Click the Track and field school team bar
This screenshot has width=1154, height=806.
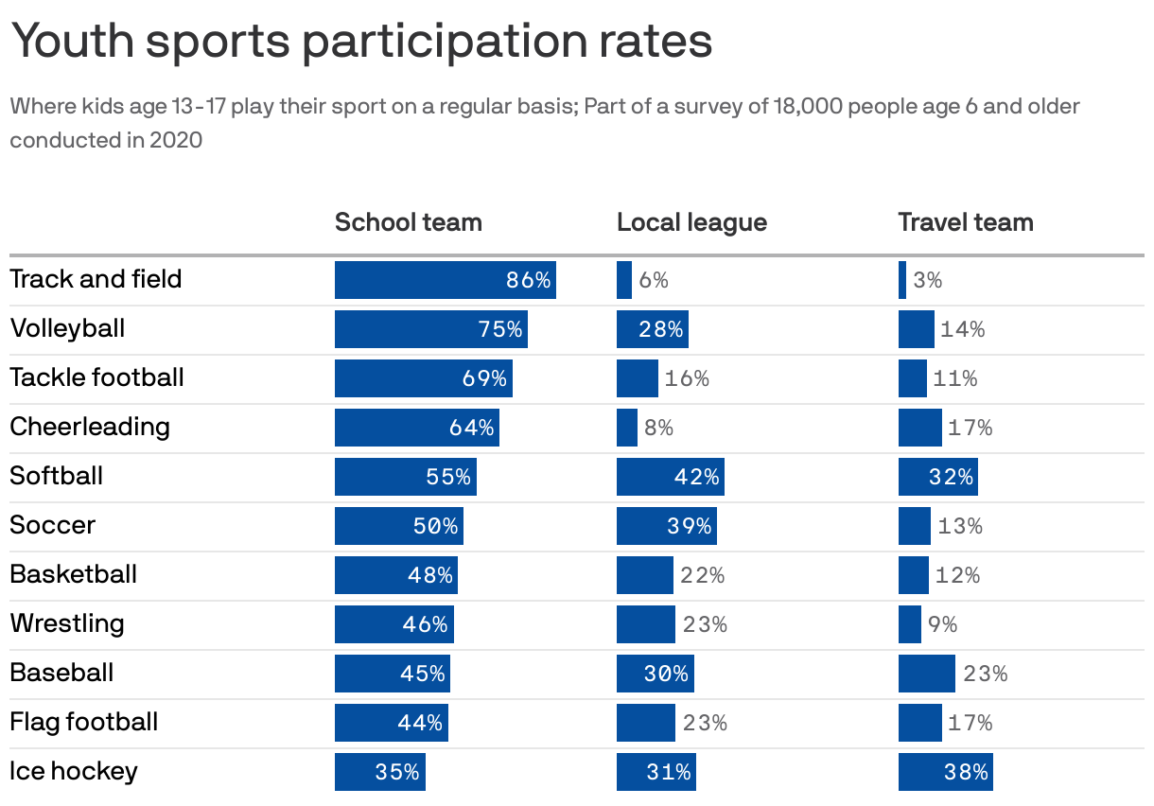(x=445, y=280)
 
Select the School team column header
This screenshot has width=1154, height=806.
(x=408, y=222)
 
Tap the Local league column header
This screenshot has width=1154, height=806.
(x=691, y=222)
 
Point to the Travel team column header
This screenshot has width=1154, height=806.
(x=965, y=222)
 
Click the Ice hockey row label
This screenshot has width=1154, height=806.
(x=74, y=771)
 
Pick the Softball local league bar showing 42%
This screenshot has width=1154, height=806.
(x=670, y=477)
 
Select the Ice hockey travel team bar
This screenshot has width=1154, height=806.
(x=945, y=772)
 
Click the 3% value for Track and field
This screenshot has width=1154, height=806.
(x=927, y=280)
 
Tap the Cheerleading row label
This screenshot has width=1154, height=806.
(x=90, y=427)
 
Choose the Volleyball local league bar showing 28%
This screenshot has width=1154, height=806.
(x=652, y=329)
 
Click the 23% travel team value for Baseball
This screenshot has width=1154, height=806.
(x=985, y=674)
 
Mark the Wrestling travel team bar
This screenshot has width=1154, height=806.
(x=909, y=624)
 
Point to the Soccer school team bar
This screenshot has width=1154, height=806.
(x=398, y=526)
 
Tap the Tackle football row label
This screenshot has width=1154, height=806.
(x=96, y=377)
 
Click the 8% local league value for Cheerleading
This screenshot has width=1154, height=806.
(x=658, y=428)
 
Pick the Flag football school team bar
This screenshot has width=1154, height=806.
(x=391, y=723)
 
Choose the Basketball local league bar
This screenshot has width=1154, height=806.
(x=644, y=575)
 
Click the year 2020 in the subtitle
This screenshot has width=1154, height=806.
(x=176, y=140)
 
